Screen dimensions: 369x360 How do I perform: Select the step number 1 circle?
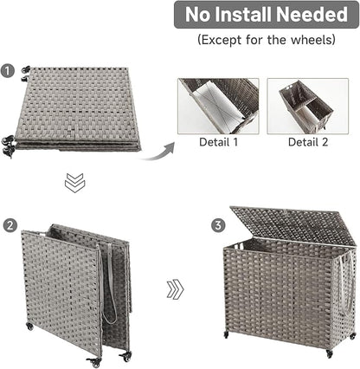coord(9,71)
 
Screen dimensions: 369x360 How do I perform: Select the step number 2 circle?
coord(9,224)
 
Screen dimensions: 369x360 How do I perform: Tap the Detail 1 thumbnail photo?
coord(218,106)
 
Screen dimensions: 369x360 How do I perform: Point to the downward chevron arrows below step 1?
coord(74,183)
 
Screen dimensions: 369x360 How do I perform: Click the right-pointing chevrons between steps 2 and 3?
coord(175,289)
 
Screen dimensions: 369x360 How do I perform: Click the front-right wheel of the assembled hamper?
coord(330,353)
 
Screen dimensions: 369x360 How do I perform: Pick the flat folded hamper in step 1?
coord(78,108)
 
